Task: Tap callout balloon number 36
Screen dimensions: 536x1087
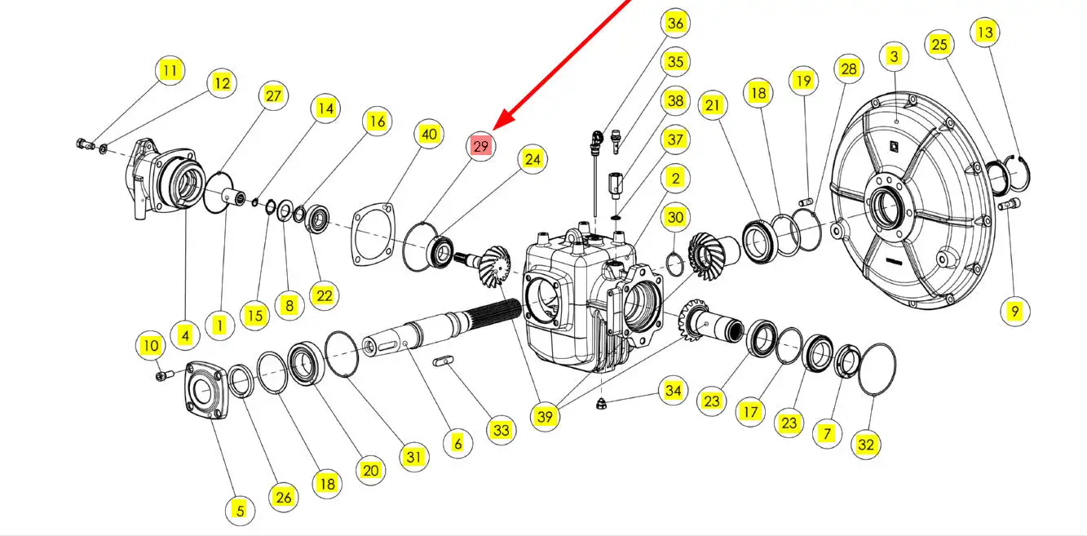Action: coord(674,23)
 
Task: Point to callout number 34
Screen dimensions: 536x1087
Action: coord(672,391)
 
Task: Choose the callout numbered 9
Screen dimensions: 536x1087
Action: coord(1014,310)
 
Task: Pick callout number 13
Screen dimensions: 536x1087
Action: coord(985,33)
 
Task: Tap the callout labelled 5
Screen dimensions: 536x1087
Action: coord(240,511)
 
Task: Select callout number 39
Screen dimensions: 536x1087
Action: coord(546,416)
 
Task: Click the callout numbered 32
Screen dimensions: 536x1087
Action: coord(866,445)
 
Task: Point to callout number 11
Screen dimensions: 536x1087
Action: coord(169,71)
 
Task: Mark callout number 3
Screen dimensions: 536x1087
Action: coord(895,56)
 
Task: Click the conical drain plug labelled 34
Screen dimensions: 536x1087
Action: coord(600,402)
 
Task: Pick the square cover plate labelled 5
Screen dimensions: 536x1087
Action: coord(205,391)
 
